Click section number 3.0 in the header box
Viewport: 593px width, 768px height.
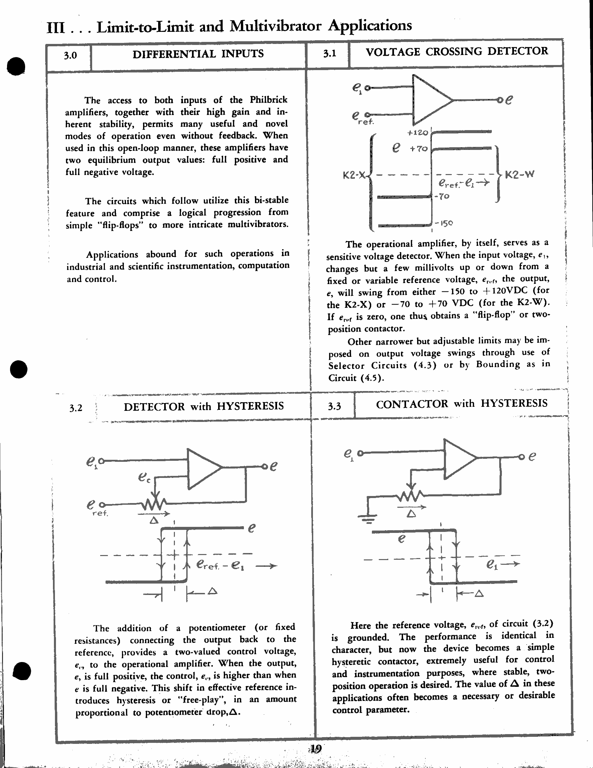(70, 56)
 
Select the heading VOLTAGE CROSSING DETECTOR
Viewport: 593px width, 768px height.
(457, 51)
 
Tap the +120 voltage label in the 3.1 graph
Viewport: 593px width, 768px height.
(418, 132)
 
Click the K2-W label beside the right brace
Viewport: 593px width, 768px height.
(520, 174)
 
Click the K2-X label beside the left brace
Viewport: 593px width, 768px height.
(354, 175)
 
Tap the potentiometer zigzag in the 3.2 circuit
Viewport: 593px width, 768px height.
(153, 504)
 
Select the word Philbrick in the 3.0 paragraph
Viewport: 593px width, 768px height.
(268, 100)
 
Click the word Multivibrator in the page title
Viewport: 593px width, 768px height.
(275, 26)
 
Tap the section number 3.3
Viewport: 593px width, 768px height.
(334, 406)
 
